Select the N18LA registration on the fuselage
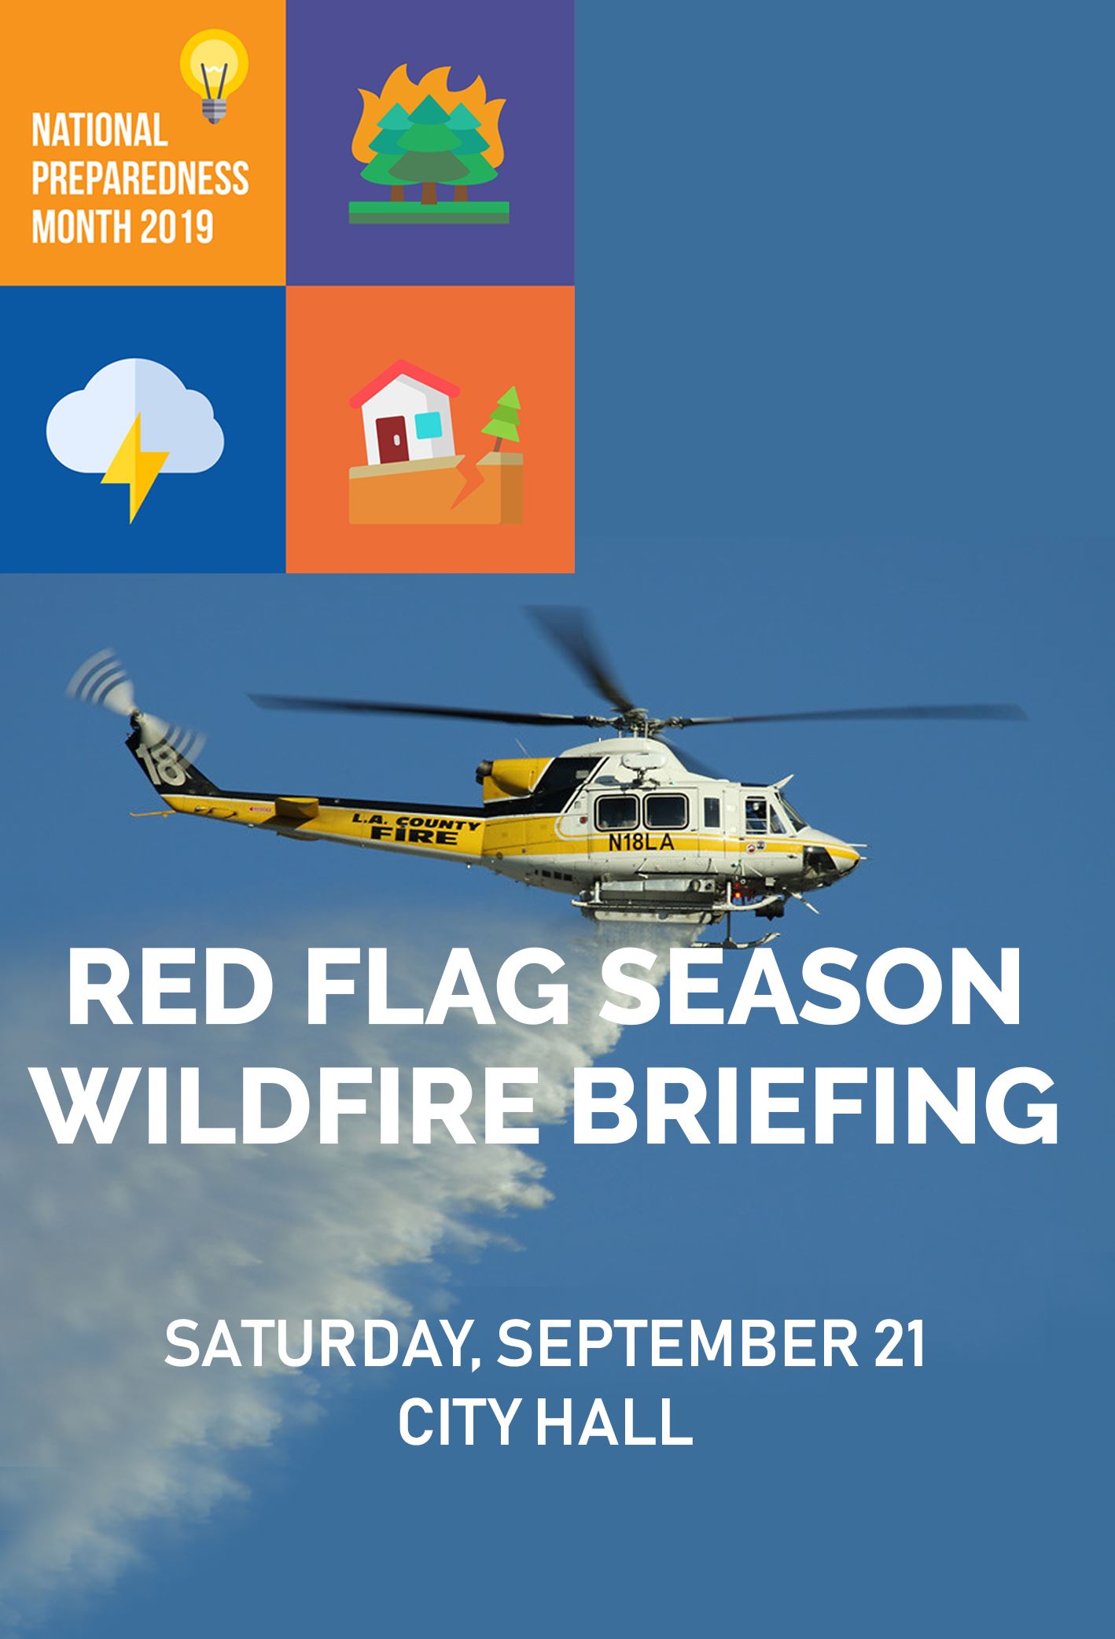click(x=641, y=842)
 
